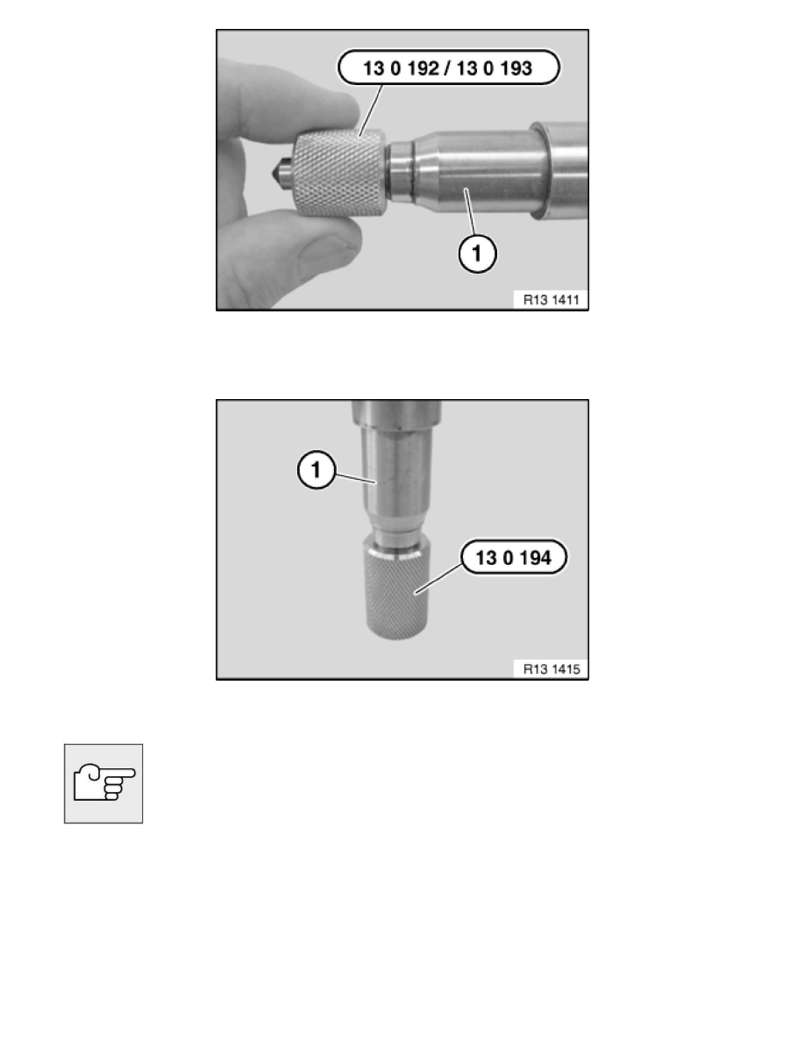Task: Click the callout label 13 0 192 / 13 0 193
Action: pyautogui.click(x=448, y=68)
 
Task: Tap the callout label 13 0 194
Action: pyautogui.click(x=513, y=557)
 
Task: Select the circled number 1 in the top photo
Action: pyautogui.click(x=478, y=253)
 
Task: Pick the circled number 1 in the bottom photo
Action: pyautogui.click(x=317, y=470)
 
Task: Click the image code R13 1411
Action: pyautogui.click(x=551, y=300)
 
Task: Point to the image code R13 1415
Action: pyautogui.click(x=552, y=669)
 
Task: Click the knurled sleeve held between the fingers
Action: pyautogui.click(x=338, y=175)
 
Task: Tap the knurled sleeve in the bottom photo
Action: pyautogui.click(x=397, y=590)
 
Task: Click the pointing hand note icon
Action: pyautogui.click(x=103, y=783)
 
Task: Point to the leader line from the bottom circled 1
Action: pyautogui.click(x=356, y=478)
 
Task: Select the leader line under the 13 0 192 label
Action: pyautogui.click(x=371, y=111)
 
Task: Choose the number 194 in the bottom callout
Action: pyautogui.click(x=536, y=557)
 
